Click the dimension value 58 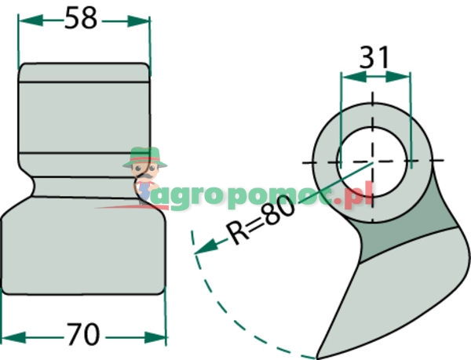pyautogui.click(x=82, y=18)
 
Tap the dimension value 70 pyautogui.click(x=84, y=335)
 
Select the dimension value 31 pyautogui.click(x=375, y=58)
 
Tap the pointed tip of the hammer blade pyautogui.click(x=317, y=355)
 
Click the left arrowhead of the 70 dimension pyautogui.click(x=7, y=337)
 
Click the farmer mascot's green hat pyautogui.click(x=145, y=154)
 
